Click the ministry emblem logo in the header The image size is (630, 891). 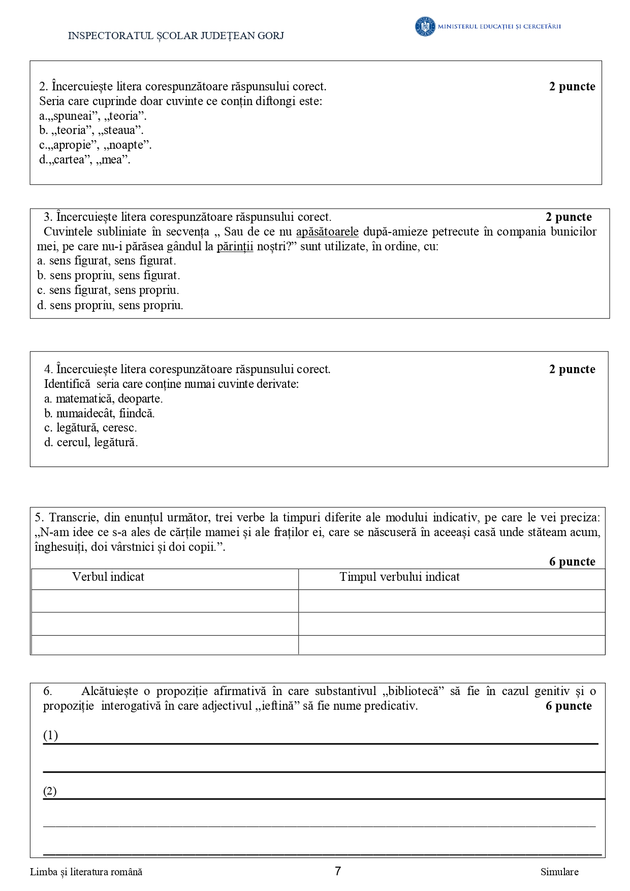click(425, 26)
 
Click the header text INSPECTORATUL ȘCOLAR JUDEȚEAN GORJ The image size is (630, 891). click(176, 36)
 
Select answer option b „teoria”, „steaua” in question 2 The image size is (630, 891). click(91, 130)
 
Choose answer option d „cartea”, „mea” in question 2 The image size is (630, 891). click(84, 159)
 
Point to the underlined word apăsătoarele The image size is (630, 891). click(327, 232)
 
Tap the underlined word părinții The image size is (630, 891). click(235, 246)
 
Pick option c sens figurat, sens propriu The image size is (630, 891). click(108, 290)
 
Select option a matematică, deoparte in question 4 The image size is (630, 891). click(103, 399)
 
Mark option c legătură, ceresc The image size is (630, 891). click(90, 427)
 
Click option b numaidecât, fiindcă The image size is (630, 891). click(99, 413)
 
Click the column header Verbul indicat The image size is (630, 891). click(108, 577)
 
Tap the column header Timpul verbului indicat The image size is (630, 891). click(399, 577)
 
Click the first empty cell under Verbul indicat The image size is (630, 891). click(165, 601)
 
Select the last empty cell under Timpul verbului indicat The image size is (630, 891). click(451, 645)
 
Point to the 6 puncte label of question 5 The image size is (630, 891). click(572, 562)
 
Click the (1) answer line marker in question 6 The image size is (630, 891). click(50, 735)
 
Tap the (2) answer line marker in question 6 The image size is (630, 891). click(50, 791)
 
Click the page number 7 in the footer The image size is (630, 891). click(338, 871)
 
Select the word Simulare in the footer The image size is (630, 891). click(559, 872)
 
